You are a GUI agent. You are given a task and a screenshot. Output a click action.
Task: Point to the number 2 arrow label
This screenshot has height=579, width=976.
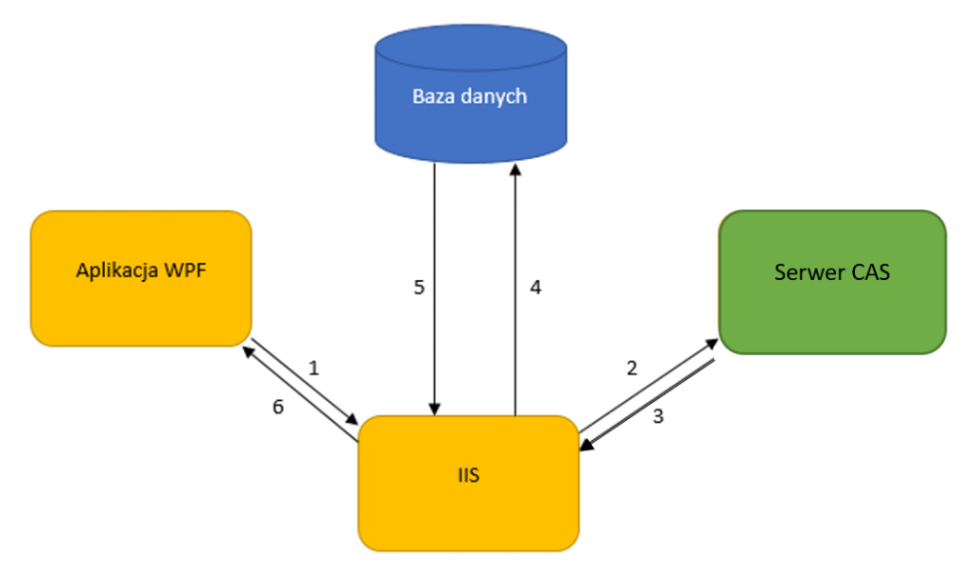click(x=631, y=367)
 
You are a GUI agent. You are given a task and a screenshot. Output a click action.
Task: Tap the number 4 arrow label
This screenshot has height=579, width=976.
click(x=536, y=287)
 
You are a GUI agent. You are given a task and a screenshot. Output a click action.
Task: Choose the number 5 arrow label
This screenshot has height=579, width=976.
click(x=418, y=287)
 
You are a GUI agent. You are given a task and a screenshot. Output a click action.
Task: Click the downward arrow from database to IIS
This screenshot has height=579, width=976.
click(x=436, y=286)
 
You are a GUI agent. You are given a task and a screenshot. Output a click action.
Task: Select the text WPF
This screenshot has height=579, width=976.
click(x=187, y=270)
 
